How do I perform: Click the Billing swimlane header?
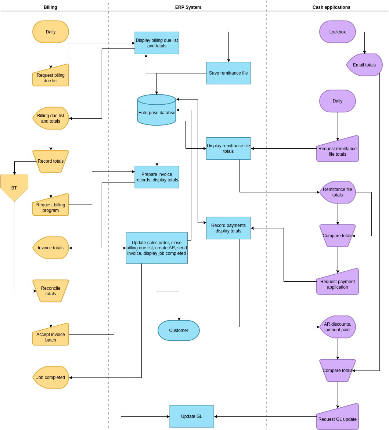(50, 7)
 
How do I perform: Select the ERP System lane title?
(188, 7)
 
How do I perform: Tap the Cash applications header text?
(331, 7)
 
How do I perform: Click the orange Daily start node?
(51, 32)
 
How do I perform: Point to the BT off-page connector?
(14, 187)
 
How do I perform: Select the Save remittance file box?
(228, 73)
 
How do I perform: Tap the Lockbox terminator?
(337, 32)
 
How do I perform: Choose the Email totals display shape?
(364, 65)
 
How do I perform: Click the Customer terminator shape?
(179, 330)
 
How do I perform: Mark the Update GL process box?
(191, 416)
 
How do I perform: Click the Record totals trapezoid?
(51, 161)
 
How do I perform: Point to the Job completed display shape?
(51, 377)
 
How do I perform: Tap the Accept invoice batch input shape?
(51, 336)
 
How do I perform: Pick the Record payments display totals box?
(228, 228)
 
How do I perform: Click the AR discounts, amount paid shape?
(337, 327)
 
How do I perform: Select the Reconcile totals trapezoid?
(51, 291)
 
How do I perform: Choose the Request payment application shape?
(337, 283)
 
